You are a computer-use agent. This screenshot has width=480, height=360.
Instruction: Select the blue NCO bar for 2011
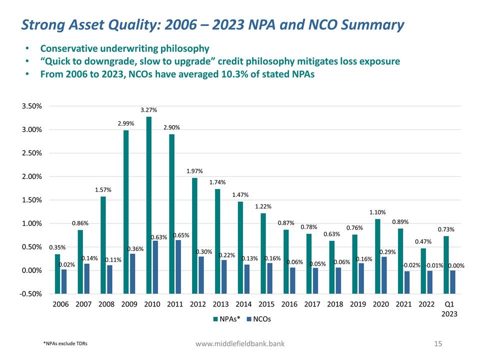178,255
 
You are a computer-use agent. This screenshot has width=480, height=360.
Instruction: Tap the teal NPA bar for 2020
377,244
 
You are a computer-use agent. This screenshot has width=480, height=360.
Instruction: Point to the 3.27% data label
148,110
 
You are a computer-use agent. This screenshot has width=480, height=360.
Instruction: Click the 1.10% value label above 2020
377,212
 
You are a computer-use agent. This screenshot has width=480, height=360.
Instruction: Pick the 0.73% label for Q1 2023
446,229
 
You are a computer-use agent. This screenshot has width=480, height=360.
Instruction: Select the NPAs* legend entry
228,319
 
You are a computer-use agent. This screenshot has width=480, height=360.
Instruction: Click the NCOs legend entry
259,319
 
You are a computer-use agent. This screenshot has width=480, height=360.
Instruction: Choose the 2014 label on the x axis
243,303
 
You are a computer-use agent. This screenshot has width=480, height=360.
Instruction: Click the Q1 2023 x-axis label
449,308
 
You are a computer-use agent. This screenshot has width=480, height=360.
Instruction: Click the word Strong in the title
43,24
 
